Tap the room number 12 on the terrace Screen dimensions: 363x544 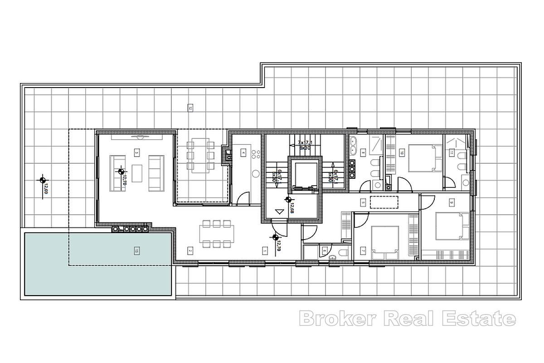190,108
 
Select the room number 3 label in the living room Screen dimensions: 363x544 136,153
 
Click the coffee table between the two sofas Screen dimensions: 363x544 137,172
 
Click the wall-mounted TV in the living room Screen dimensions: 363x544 136,136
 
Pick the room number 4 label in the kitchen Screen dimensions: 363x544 243,153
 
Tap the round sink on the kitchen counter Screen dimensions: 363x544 255,173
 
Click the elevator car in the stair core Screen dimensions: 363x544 304,174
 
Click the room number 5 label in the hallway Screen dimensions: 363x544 363,202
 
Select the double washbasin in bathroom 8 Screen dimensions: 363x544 353,146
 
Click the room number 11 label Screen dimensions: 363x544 452,153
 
